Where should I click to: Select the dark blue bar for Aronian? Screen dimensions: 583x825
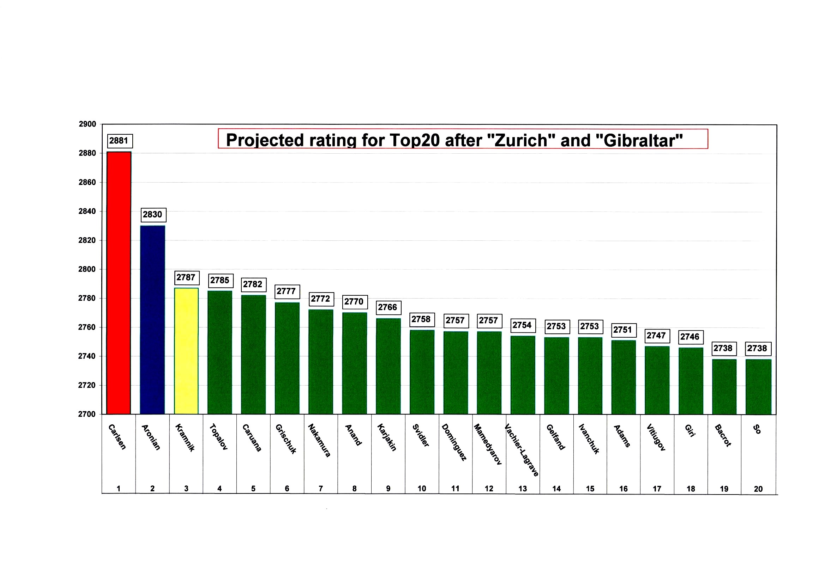tap(152, 319)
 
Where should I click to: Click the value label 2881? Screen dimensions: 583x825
tap(120, 141)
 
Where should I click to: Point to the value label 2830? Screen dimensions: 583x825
tap(153, 215)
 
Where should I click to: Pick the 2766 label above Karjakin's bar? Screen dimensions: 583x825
tap(388, 307)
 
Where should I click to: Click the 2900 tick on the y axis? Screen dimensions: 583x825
tap(87, 124)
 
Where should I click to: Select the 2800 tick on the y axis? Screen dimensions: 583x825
tap(87, 269)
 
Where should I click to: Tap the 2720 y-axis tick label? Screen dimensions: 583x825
tap(87, 385)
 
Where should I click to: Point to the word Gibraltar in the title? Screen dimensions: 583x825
tap(640, 140)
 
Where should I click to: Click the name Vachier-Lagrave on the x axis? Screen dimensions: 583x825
tap(522, 450)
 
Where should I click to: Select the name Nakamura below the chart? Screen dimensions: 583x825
tap(319, 441)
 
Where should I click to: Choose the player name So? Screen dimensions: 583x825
tap(757, 429)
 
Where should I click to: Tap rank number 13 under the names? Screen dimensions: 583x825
tap(523, 489)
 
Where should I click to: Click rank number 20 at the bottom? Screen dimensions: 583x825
tap(758, 489)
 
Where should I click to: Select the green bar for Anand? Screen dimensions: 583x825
tap(354, 363)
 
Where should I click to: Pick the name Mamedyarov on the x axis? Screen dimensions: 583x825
tap(488, 444)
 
